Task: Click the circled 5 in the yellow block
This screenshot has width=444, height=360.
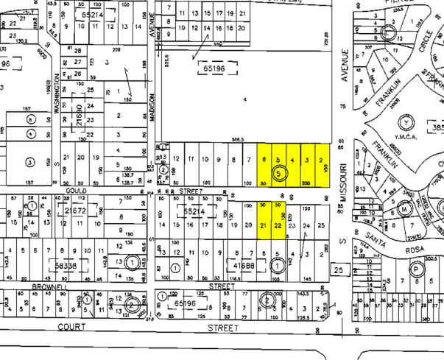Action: coord(278,173)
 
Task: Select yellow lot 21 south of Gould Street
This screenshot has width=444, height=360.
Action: coord(264,226)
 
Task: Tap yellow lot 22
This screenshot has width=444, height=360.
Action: coord(278,226)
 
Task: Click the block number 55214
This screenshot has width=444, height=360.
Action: coord(193,211)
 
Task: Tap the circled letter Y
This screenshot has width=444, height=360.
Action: coord(404,122)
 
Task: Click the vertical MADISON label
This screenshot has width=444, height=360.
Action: coord(153,107)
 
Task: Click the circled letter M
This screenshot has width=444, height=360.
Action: coord(404,208)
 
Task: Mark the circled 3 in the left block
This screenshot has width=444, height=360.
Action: coord(30,161)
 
